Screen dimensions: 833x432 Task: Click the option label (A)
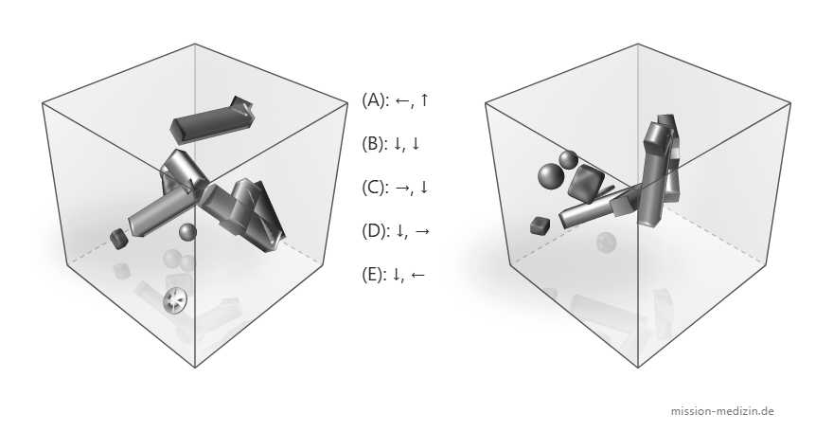coord(374,99)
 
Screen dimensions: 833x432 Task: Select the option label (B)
coord(374,143)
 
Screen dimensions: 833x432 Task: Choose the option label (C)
coord(374,187)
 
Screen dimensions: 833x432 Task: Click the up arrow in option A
coord(423,99)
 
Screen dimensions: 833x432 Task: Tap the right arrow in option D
coord(422,231)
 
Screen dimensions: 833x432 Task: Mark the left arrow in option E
coord(417,275)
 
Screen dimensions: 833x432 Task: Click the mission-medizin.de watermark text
coord(722,411)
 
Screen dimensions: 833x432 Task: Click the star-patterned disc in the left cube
coord(175,300)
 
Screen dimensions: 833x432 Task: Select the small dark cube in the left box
coord(119,238)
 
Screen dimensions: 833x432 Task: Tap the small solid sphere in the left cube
coord(187,232)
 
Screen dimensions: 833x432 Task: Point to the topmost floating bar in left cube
coord(211,120)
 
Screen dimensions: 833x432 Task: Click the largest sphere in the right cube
coord(551,176)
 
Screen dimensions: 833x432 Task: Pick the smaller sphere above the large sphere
coord(568,159)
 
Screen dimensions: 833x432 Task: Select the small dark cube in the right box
coord(540,225)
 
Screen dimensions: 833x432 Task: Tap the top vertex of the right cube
coord(637,45)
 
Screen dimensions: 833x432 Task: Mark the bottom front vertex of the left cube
coord(195,367)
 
